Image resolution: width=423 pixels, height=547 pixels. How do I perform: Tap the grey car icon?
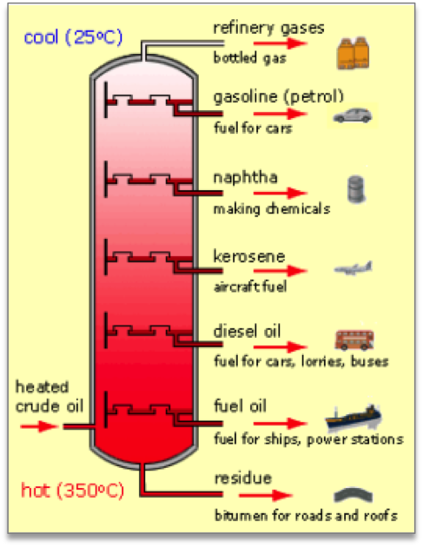pyautogui.click(x=353, y=116)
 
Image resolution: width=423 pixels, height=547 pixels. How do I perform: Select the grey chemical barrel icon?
pyautogui.click(x=354, y=189)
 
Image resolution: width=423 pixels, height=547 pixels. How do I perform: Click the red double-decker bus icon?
pyautogui.click(x=354, y=339)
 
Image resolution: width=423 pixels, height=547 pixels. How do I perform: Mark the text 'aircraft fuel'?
pyautogui.click(x=250, y=285)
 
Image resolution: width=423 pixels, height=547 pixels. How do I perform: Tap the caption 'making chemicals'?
pyautogui.click(x=271, y=208)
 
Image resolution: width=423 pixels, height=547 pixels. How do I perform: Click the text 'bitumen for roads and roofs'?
pyautogui.click(x=305, y=516)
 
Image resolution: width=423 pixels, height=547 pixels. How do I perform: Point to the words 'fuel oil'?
pyautogui.click(x=239, y=405)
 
